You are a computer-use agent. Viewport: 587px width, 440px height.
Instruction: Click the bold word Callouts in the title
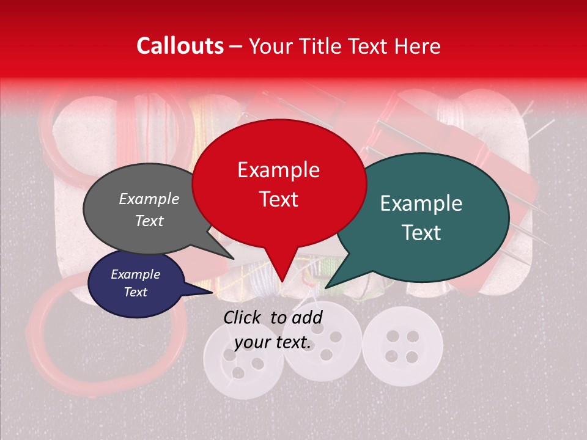[x=180, y=46]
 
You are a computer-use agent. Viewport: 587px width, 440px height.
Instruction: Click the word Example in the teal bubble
[x=421, y=204]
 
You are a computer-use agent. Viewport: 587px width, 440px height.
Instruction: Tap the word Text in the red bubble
[x=279, y=199]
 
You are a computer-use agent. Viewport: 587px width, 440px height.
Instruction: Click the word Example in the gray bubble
[x=149, y=199]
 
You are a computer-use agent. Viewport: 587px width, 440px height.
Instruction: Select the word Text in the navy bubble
[x=136, y=292]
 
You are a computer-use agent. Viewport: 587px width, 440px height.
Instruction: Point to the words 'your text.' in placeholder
[x=273, y=342]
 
